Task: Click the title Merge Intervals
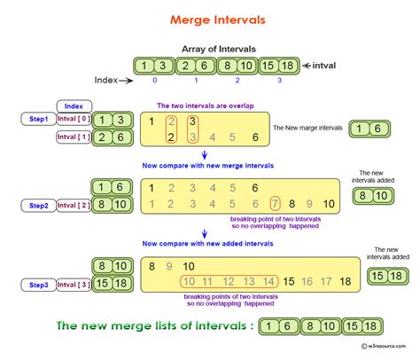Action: click(209, 19)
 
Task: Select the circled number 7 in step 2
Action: click(276, 204)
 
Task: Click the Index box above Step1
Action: click(74, 106)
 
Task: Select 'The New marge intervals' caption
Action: click(307, 129)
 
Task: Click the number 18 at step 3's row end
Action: click(345, 280)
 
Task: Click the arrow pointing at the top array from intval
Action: click(306, 65)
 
